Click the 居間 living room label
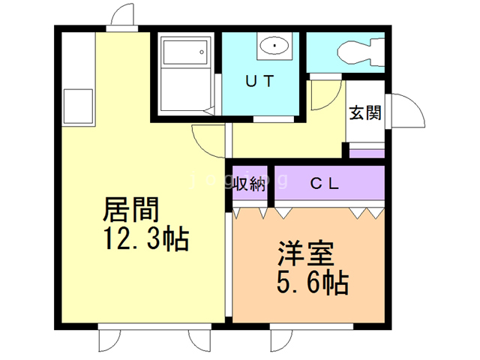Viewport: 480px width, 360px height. coord(130,209)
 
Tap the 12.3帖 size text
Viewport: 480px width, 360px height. coord(146,238)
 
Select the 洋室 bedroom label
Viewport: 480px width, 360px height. coord(306,253)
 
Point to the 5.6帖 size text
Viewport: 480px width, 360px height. coord(313,282)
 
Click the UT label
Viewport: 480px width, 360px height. coord(259,81)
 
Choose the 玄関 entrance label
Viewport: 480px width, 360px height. coord(365,112)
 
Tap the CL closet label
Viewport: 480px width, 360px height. coord(325,184)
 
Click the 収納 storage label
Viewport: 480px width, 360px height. coord(250,184)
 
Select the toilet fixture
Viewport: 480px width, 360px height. coord(361,52)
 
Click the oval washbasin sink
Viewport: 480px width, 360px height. coord(274,46)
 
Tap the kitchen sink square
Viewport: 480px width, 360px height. coord(78,106)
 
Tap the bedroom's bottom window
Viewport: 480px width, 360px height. coord(311,327)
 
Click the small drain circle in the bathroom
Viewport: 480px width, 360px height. coord(202,52)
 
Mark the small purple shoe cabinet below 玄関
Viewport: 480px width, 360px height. coord(367,154)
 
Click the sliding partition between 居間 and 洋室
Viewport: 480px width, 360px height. coord(229,264)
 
